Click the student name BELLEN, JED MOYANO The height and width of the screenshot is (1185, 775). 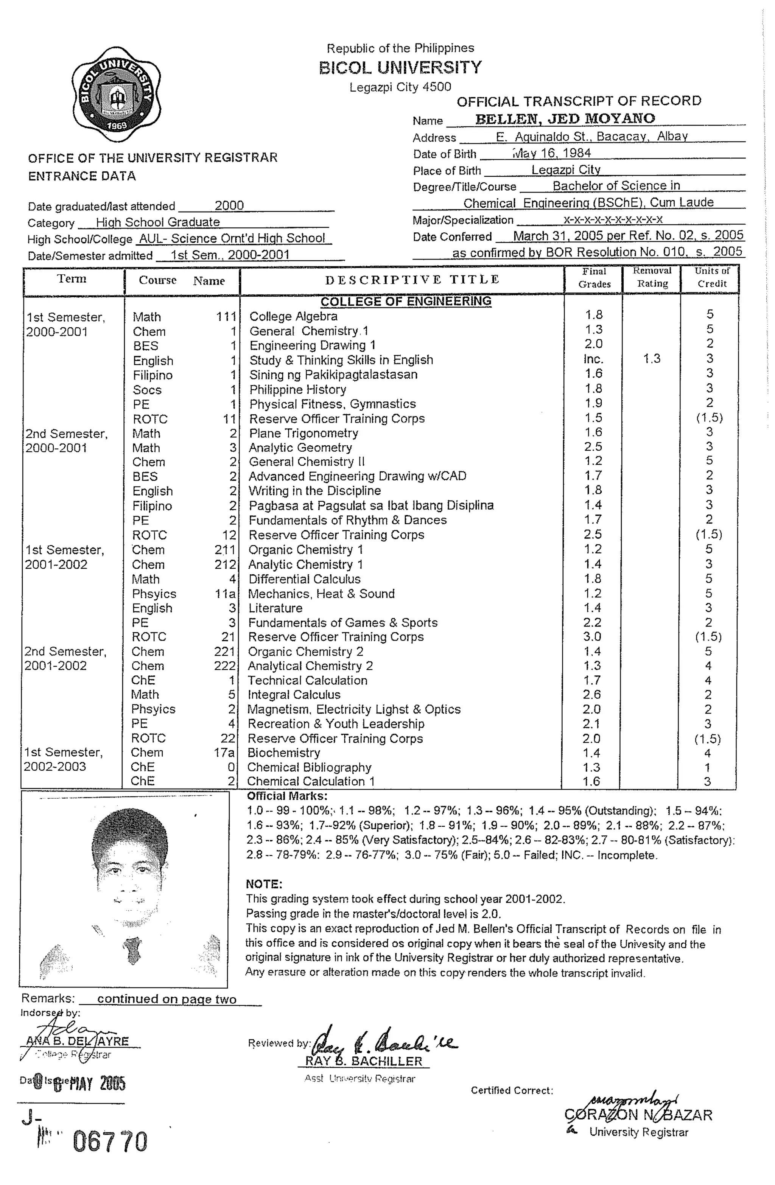click(565, 119)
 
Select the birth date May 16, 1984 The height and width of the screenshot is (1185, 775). click(552, 153)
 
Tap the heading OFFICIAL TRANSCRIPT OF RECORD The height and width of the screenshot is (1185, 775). click(579, 101)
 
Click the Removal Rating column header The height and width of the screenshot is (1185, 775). click(652, 277)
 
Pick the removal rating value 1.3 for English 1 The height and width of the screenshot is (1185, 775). click(652, 358)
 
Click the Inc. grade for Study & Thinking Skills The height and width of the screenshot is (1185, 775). click(593, 359)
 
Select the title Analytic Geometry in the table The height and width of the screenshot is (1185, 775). click(300, 448)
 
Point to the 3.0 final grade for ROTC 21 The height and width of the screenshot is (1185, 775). click(592, 637)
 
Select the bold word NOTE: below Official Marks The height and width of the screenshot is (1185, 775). click(264, 884)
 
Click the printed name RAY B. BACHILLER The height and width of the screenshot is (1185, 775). click(364, 1061)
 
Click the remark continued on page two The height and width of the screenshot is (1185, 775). click(167, 999)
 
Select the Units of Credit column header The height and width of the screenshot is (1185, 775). click(712, 277)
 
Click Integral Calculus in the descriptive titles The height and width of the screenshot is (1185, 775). click(294, 695)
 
